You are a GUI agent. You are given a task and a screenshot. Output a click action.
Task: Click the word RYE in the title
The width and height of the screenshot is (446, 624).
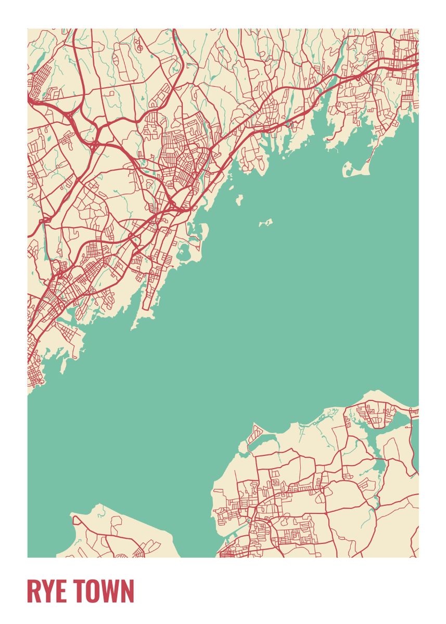click(x=47, y=591)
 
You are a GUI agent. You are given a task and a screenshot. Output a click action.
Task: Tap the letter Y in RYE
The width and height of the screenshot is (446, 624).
click(x=47, y=591)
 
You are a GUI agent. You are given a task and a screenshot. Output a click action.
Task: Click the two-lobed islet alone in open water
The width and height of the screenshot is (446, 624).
click(x=266, y=223)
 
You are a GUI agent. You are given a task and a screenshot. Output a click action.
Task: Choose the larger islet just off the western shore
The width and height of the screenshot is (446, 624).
click(x=239, y=199)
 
